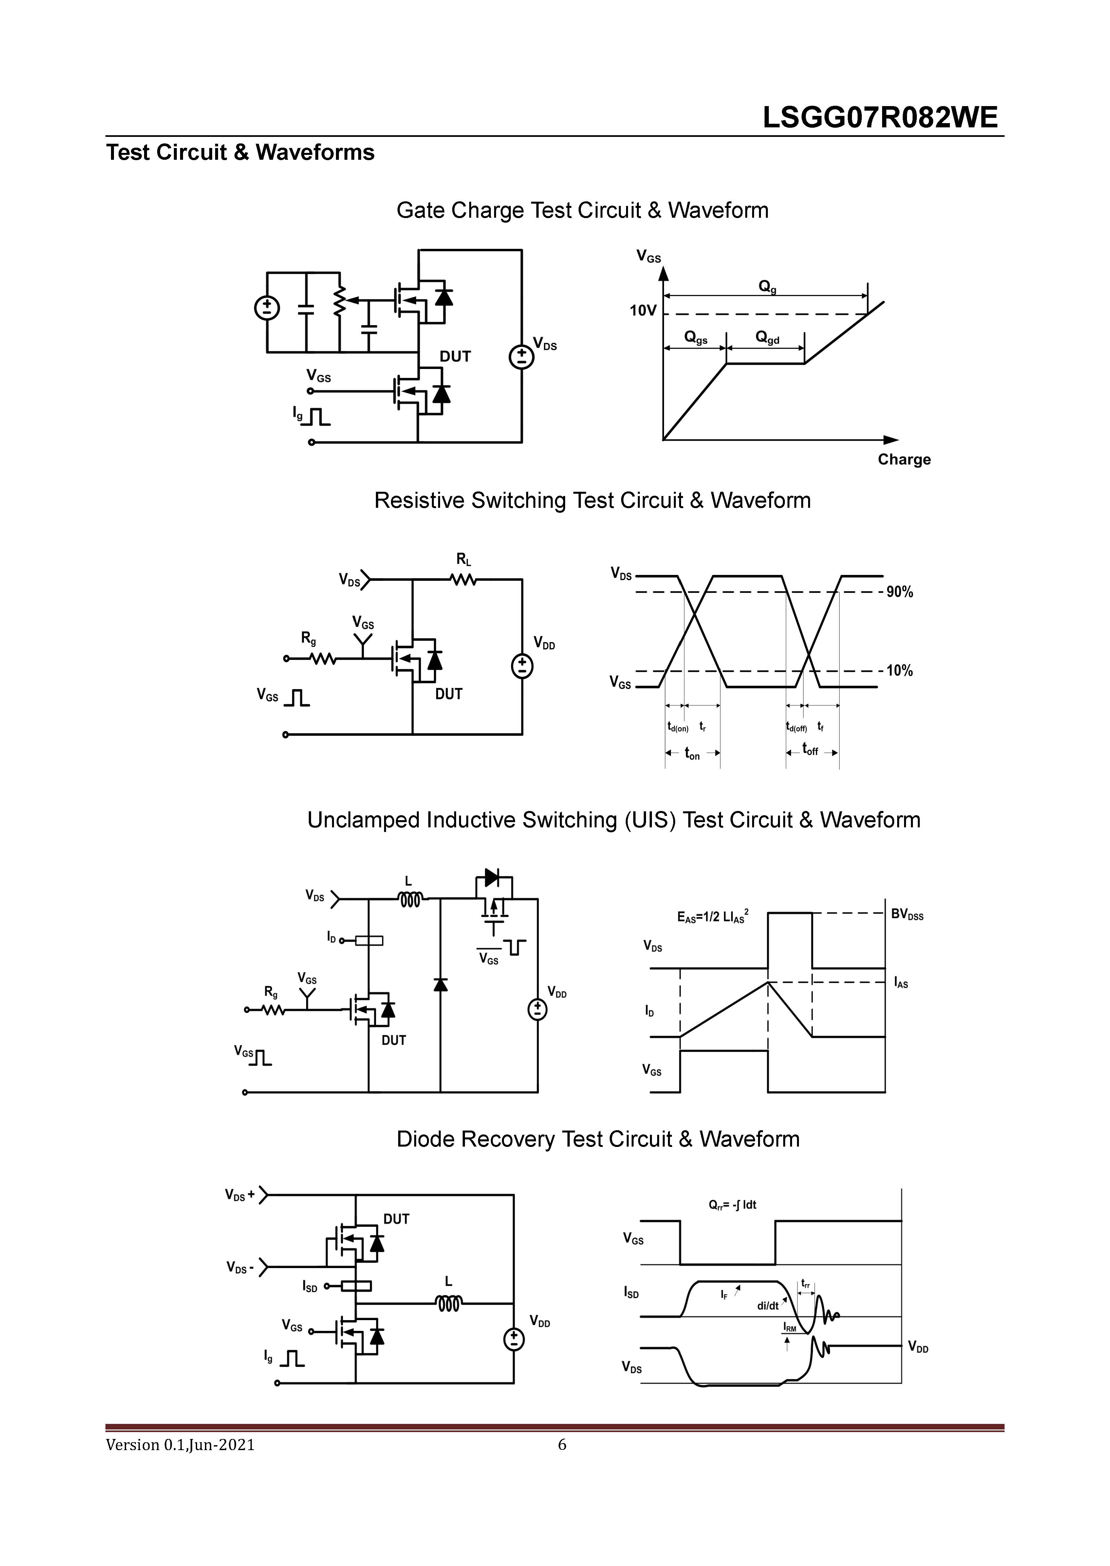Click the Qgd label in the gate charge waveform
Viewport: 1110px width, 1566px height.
767,338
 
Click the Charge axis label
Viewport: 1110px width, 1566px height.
904,459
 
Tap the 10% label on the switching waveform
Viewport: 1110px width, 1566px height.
899,671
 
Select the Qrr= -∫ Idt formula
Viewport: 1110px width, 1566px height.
732,1205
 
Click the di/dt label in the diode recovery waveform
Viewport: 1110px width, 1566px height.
768,1306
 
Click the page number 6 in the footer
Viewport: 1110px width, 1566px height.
562,1445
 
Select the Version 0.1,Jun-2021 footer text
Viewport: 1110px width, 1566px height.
180,1445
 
